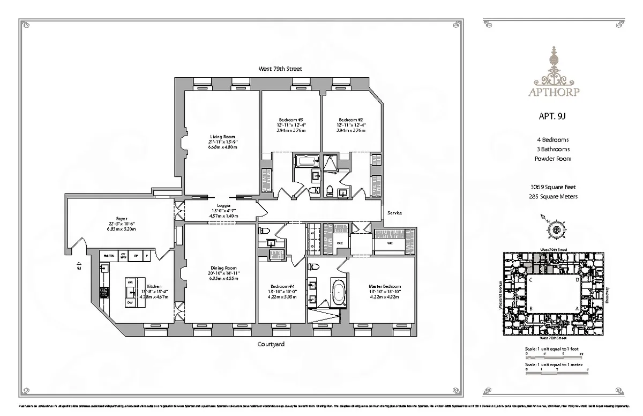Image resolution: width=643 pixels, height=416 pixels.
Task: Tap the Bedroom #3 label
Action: (x=291, y=119)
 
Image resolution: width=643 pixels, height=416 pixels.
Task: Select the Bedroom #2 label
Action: (x=351, y=119)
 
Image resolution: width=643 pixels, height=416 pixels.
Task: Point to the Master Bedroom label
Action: (x=385, y=286)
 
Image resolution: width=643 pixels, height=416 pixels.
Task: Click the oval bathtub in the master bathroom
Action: (x=339, y=293)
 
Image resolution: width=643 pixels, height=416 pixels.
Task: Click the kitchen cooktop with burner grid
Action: (x=104, y=293)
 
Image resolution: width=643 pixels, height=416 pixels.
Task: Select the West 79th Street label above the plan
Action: (x=280, y=69)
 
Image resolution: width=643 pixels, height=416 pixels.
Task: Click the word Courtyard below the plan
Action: (x=271, y=345)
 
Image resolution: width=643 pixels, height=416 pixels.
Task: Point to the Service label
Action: (x=394, y=213)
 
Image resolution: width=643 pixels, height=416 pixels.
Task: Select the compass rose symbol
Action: (x=557, y=229)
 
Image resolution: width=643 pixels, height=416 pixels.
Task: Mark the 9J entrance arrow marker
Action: (x=79, y=264)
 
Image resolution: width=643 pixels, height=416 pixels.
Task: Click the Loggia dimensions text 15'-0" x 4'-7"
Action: (x=223, y=211)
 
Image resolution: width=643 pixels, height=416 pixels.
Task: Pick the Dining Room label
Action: (x=223, y=268)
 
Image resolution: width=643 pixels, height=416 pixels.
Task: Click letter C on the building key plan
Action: (x=530, y=280)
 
